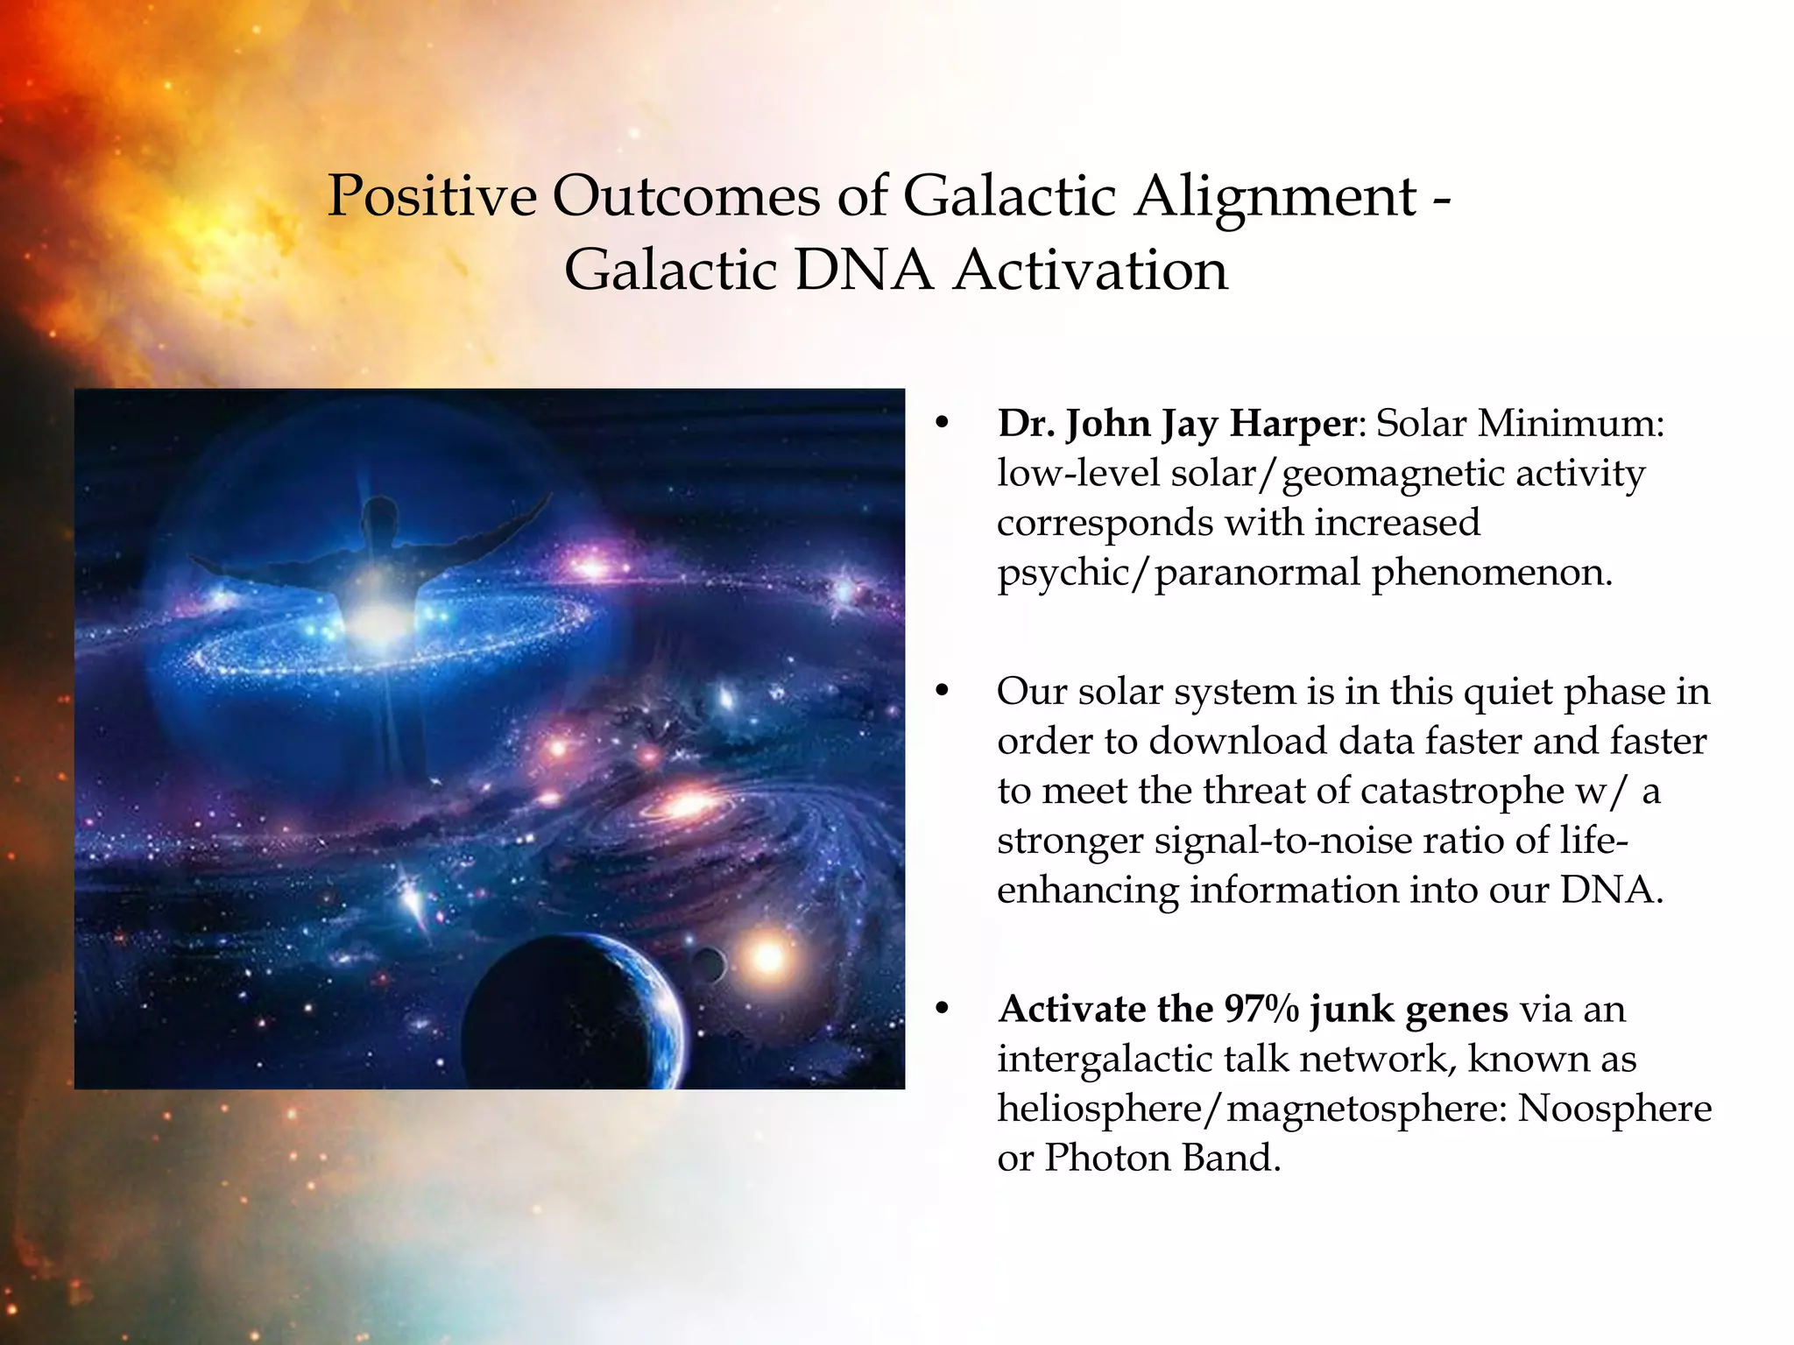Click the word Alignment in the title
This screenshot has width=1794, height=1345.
click(x=1275, y=196)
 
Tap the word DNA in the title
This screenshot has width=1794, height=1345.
click(x=863, y=271)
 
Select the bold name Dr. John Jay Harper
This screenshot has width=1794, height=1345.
click(x=1176, y=424)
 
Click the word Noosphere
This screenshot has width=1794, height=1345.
click(x=1614, y=1109)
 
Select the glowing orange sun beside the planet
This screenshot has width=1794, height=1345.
click(x=768, y=956)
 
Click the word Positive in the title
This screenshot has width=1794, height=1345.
click(x=431, y=196)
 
